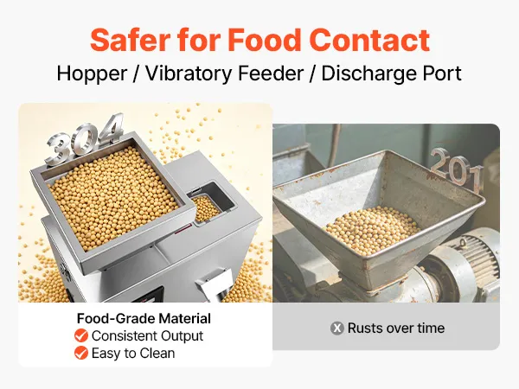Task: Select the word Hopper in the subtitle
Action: pyautogui.click(x=92, y=74)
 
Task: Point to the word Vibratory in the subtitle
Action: pyautogui.click(x=189, y=74)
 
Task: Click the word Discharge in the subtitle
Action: pyautogui.click(x=368, y=73)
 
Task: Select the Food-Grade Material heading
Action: pyautogui.click(x=144, y=318)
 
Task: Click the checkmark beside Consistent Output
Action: pyautogui.click(x=81, y=335)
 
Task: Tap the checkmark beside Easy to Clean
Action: pyautogui.click(x=81, y=353)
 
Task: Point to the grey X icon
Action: pyautogui.click(x=337, y=328)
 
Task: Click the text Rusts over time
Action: pyautogui.click(x=396, y=328)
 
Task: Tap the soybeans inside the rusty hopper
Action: pyautogui.click(x=371, y=229)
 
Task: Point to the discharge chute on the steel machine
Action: pyautogui.click(x=215, y=284)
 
